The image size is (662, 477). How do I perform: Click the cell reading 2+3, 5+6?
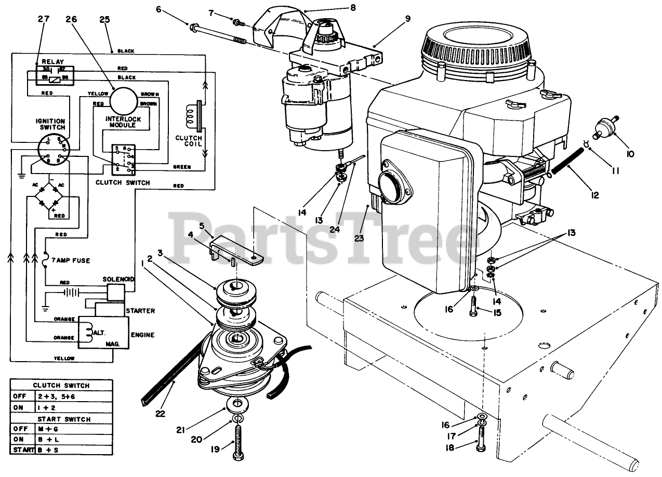click(57, 396)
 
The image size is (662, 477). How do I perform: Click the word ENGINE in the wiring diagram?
click(142, 335)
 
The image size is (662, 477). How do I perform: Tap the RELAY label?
click(52, 61)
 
